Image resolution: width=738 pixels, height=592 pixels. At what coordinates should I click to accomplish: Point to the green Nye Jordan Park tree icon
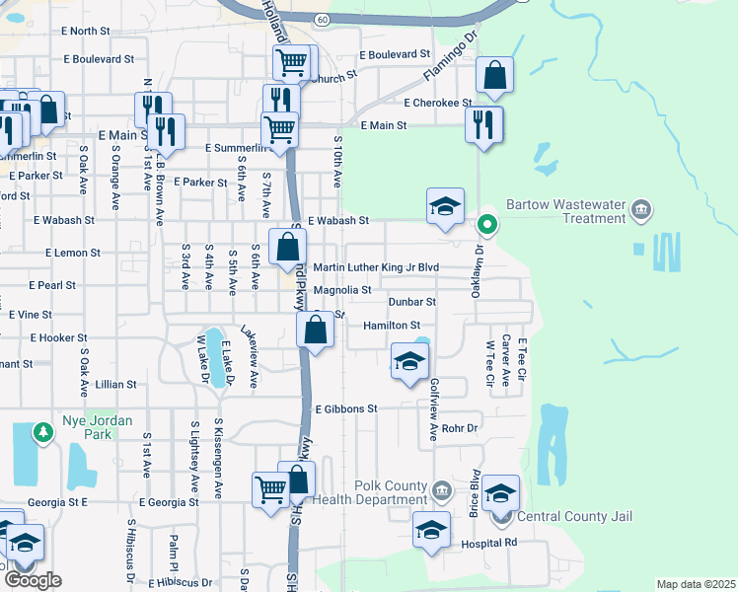42,432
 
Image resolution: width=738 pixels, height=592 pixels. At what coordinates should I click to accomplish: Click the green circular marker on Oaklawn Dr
485,224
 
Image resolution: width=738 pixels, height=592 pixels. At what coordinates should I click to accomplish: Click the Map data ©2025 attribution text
696,584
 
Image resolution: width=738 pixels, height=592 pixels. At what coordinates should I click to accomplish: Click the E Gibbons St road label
346,408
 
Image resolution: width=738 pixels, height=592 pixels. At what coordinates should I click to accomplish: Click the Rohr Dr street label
460,428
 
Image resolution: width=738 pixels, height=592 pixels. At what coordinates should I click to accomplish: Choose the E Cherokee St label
438,102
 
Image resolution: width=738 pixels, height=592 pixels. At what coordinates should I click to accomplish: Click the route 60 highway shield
324,18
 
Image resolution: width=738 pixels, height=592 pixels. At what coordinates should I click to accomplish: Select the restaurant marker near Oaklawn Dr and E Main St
483,124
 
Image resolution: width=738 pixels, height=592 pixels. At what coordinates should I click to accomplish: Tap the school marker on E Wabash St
445,207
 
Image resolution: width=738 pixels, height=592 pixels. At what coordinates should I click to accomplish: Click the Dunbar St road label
411,301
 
